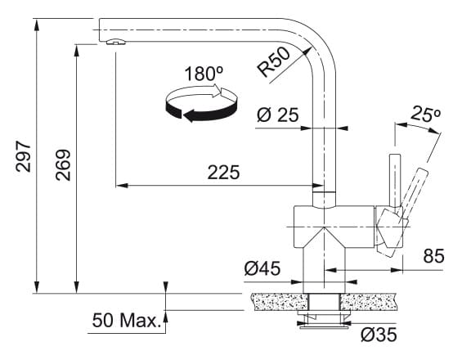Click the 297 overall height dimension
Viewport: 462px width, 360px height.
click(x=23, y=156)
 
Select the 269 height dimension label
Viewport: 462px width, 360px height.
click(x=63, y=165)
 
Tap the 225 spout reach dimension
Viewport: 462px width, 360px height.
click(x=223, y=173)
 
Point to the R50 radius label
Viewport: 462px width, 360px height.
click(x=273, y=62)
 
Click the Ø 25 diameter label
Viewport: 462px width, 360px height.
click(x=278, y=115)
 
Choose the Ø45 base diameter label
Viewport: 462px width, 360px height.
click(x=262, y=268)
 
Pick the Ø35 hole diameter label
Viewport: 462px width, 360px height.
click(x=379, y=335)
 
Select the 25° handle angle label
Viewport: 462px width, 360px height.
click(x=426, y=114)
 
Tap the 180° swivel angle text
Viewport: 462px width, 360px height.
click(x=204, y=74)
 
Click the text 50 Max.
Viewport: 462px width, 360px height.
click(x=126, y=321)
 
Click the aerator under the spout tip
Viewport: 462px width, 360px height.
click(x=115, y=42)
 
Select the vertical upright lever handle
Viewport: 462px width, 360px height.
click(x=394, y=181)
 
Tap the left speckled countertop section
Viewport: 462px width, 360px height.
click(x=280, y=302)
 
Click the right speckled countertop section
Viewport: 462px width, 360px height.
click(x=368, y=302)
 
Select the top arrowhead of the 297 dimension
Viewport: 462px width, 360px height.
click(x=37, y=25)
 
